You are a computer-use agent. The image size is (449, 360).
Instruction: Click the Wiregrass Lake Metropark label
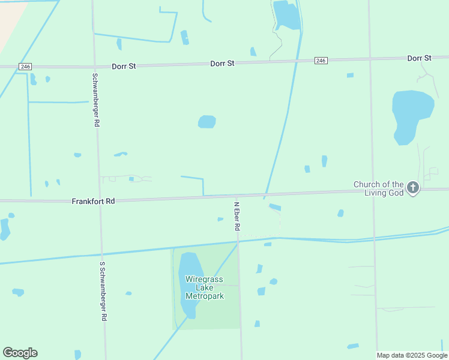(x=204, y=288)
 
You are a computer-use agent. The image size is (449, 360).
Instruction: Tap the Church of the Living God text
(x=378, y=188)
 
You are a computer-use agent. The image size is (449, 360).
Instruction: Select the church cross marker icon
(x=413, y=188)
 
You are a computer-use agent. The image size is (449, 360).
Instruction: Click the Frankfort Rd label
(x=93, y=202)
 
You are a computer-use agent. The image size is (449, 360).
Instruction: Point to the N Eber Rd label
(x=237, y=216)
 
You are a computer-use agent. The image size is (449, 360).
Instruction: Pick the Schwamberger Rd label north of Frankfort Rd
(x=96, y=100)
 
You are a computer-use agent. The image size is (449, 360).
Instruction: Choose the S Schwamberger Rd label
(x=103, y=291)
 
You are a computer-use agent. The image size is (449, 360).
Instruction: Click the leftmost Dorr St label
(x=124, y=65)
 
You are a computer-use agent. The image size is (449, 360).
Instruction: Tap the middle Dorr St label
(x=222, y=63)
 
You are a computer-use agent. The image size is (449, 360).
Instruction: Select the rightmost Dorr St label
(x=419, y=58)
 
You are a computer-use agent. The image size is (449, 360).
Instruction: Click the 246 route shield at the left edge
(x=25, y=66)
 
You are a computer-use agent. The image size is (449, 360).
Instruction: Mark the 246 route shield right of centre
(x=321, y=61)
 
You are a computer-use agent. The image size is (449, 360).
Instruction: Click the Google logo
(x=20, y=353)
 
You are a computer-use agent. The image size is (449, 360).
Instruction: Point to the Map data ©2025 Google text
(x=412, y=355)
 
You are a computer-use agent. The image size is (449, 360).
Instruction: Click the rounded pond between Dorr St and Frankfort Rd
(x=207, y=122)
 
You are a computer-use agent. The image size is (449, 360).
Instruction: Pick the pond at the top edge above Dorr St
(x=286, y=15)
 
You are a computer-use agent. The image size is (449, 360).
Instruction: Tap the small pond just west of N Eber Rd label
(x=220, y=219)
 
